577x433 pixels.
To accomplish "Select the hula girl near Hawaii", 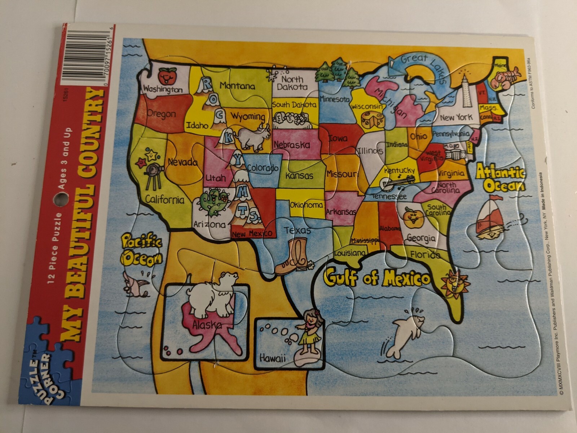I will point(308,332).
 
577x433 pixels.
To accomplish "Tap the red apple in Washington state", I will point(166,75).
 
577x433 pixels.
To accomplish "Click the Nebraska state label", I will point(292,145).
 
